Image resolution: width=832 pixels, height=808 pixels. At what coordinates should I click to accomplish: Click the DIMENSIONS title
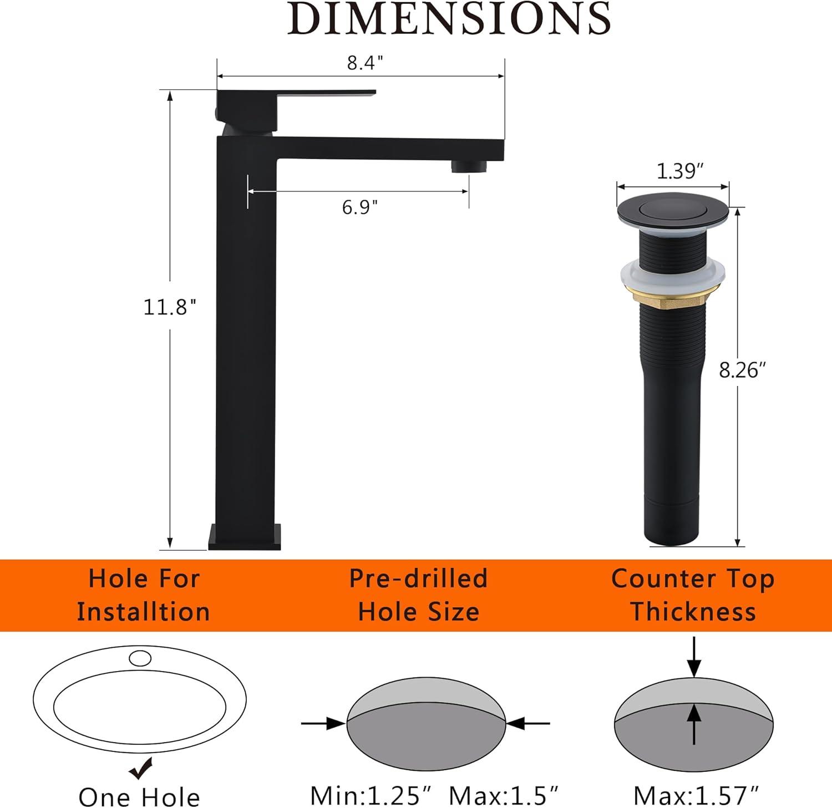[449, 18]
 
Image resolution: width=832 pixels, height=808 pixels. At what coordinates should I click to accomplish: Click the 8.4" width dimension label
[366, 63]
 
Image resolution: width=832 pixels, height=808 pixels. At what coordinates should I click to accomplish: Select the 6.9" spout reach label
[360, 207]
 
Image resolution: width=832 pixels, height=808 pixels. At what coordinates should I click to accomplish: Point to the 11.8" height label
[170, 306]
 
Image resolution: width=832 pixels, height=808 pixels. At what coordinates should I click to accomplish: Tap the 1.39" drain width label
[676, 172]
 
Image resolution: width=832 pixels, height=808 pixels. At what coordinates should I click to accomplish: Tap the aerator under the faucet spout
[469, 166]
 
